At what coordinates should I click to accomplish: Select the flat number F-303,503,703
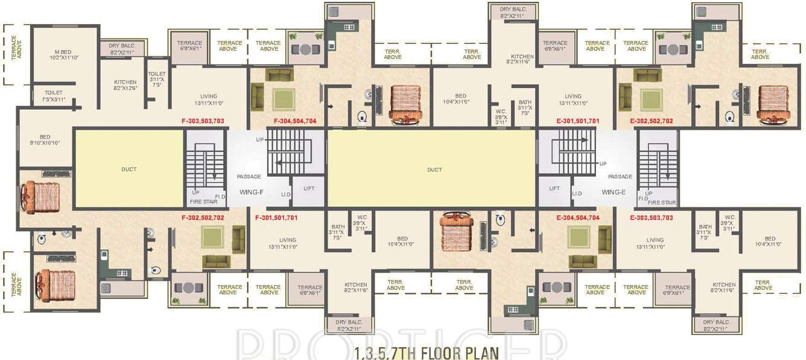point(203,121)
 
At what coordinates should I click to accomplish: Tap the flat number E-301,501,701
point(577,121)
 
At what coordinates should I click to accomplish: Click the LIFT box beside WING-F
point(309,189)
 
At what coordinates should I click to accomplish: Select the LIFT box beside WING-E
point(554,189)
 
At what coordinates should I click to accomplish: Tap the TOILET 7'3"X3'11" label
point(52,95)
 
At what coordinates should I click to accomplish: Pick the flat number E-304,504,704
point(577,217)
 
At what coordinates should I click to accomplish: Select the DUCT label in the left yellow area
point(129,169)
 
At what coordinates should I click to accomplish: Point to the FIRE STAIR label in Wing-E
point(661,203)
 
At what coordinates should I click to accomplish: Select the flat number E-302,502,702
point(652,121)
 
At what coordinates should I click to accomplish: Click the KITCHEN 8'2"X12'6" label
point(125,85)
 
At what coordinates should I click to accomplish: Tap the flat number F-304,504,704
point(295,121)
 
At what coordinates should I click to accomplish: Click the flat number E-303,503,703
point(652,217)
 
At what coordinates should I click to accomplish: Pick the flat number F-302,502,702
point(203,217)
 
